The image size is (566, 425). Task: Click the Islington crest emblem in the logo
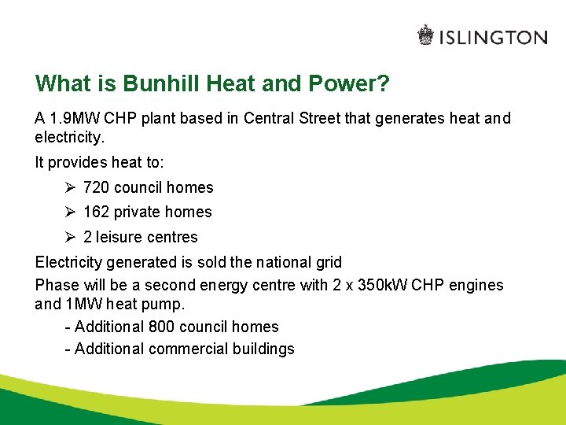(425, 36)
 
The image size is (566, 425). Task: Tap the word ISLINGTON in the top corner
(493, 37)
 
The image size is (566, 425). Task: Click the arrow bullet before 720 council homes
(70, 187)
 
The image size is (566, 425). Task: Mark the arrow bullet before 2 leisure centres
(70, 237)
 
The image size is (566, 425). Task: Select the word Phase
(56, 285)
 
